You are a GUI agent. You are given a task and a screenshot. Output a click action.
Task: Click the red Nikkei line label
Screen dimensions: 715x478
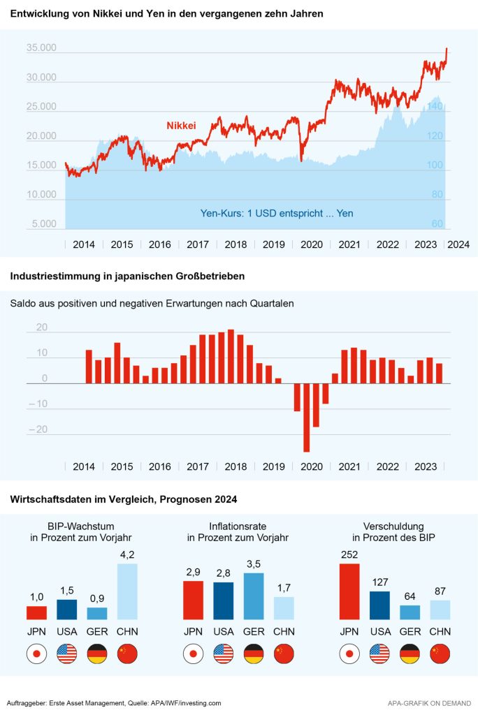pyautogui.click(x=181, y=126)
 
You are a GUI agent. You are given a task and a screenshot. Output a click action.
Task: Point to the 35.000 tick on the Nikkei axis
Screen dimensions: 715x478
pyautogui.click(x=41, y=49)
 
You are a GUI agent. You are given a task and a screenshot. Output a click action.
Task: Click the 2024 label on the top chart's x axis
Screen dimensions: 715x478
pyautogui.click(x=458, y=245)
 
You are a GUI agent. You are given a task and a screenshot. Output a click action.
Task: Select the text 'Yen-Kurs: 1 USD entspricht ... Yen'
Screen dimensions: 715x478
pyautogui.click(x=277, y=213)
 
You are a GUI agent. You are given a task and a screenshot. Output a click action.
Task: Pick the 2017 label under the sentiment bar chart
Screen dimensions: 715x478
pyautogui.click(x=198, y=467)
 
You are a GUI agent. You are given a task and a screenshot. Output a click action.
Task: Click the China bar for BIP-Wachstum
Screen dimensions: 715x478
pyautogui.click(x=127, y=591)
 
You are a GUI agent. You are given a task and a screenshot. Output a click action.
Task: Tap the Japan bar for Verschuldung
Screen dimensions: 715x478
pyautogui.click(x=349, y=591)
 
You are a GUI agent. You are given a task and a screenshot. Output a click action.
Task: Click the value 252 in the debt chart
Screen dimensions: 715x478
pyautogui.click(x=349, y=556)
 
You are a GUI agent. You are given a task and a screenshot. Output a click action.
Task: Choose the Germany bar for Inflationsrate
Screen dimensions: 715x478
pyautogui.click(x=254, y=596)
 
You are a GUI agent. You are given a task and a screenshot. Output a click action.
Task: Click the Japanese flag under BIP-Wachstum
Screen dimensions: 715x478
pyautogui.click(x=36, y=654)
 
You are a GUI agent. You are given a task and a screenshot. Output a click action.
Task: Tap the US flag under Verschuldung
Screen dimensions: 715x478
pyautogui.click(x=379, y=654)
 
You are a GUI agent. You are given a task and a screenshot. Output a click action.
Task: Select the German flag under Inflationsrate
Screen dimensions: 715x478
pyautogui.click(x=254, y=654)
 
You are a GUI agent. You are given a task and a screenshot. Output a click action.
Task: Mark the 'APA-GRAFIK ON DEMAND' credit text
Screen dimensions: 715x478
pyautogui.click(x=428, y=702)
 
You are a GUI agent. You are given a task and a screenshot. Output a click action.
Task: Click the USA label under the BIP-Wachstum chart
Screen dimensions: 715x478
pyautogui.click(x=67, y=632)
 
